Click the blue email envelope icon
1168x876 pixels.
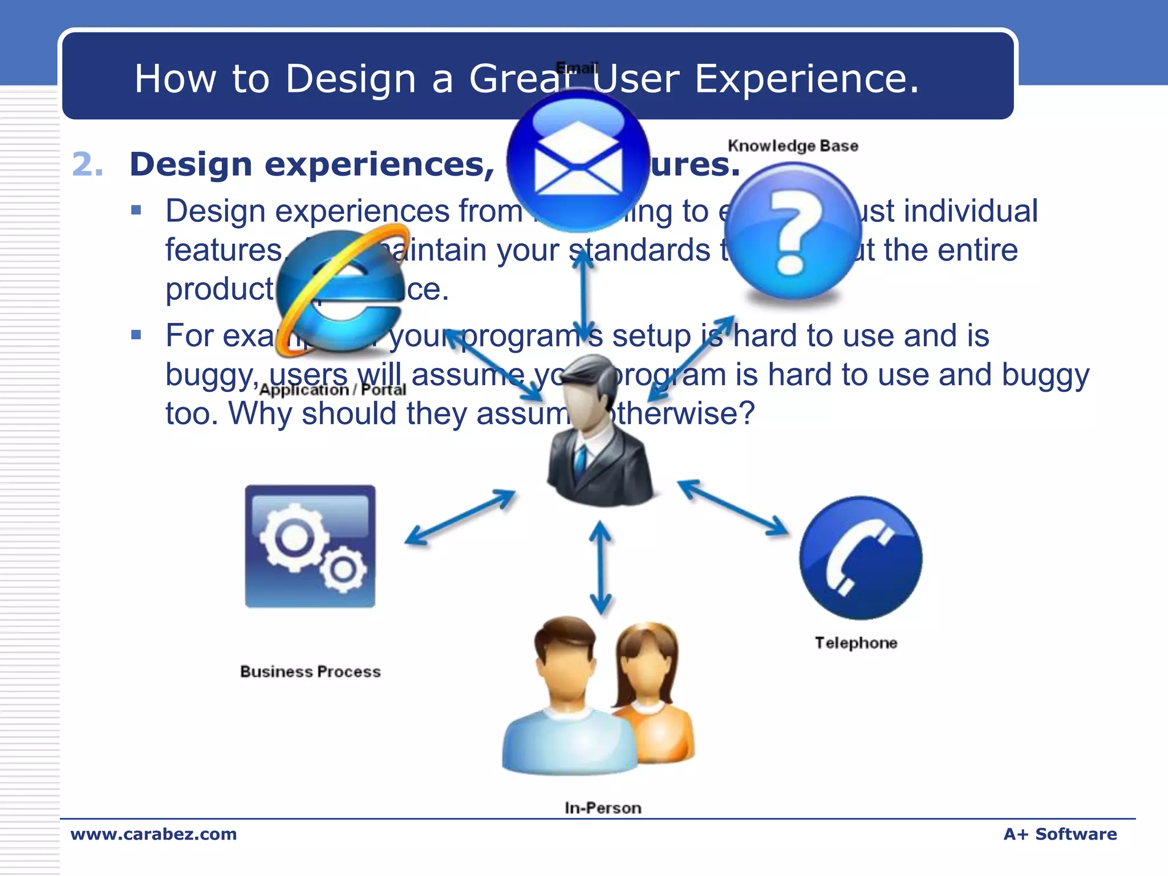coord(578,161)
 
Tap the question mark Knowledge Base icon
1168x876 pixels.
coord(793,231)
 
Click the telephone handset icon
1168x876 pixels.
coord(860,558)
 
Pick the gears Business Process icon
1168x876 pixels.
coord(310,546)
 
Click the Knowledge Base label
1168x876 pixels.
coord(793,146)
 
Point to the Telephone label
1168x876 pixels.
coord(855,643)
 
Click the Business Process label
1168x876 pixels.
coord(310,671)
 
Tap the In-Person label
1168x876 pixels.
coord(603,808)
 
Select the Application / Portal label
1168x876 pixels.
coord(332,390)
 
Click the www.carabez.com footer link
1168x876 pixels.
coord(153,834)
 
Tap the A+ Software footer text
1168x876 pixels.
coord(1060,834)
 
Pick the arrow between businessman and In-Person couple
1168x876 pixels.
coord(600,567)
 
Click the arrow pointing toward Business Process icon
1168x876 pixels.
coord(460,517)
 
